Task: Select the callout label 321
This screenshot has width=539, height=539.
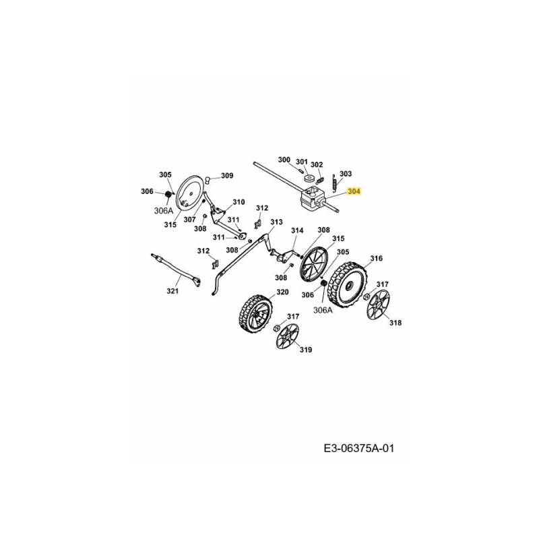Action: tap(173, 291)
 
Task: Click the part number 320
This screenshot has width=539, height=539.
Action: tap(282, 292)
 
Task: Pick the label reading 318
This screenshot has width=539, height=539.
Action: tap(395, 323)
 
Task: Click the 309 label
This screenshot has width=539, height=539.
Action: tap(227, 176)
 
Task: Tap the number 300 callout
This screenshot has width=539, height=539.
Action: tap(284, 160)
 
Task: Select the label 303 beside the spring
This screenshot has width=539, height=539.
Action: tap(346, 174)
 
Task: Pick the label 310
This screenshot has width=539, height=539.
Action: tap(239, 202)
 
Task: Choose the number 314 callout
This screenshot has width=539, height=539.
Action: tap(297, 230)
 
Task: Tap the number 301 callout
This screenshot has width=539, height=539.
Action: tap(301, 162)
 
